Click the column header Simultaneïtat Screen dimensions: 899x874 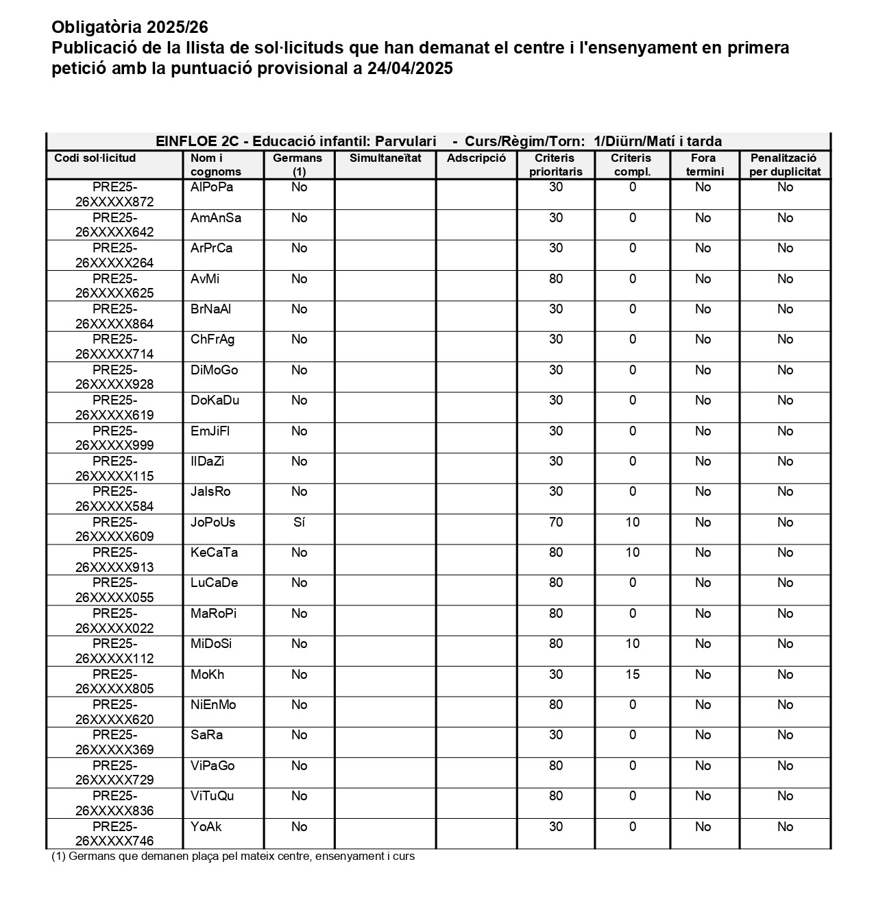385,158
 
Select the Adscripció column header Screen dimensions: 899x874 476,158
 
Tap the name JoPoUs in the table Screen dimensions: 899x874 213,523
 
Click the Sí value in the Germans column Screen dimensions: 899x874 299,523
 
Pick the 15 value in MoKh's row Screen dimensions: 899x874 632,675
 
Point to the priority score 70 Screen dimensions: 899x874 556,523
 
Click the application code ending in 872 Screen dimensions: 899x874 114,195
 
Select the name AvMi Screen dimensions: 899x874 205,279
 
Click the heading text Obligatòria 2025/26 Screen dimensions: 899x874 130,27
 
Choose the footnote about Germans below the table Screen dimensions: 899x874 233,856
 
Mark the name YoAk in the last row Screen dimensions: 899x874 206,827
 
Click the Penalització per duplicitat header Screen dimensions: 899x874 785,165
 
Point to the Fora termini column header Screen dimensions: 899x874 704,165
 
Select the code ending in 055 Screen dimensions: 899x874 114,590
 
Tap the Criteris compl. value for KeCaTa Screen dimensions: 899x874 632,553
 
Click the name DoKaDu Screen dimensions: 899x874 215,400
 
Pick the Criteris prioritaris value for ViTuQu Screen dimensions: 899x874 556,796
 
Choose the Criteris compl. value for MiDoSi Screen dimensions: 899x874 632,644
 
